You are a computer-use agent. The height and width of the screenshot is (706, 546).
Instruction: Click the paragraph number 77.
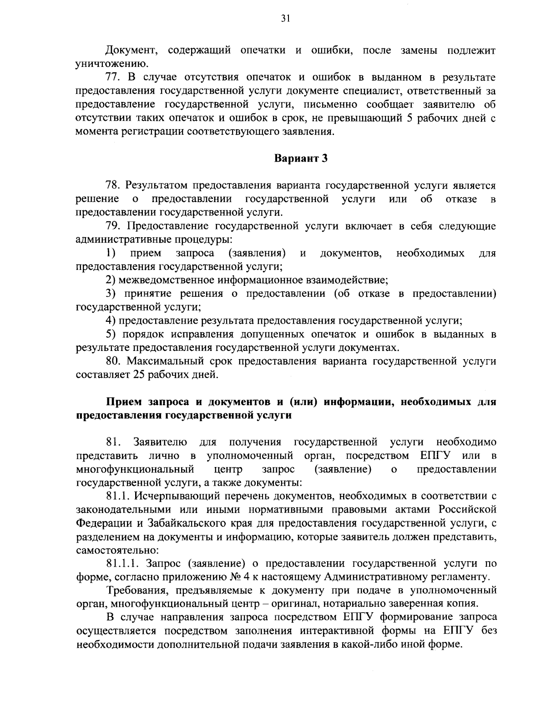114,77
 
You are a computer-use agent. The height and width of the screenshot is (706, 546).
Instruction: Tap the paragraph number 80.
114,362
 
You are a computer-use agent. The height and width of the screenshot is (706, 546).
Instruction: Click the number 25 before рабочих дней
139,376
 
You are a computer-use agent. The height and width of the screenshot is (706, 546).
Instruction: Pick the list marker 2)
111,279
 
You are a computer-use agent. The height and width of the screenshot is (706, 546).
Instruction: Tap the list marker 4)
111,320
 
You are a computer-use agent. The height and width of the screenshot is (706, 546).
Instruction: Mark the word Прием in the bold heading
121,402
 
